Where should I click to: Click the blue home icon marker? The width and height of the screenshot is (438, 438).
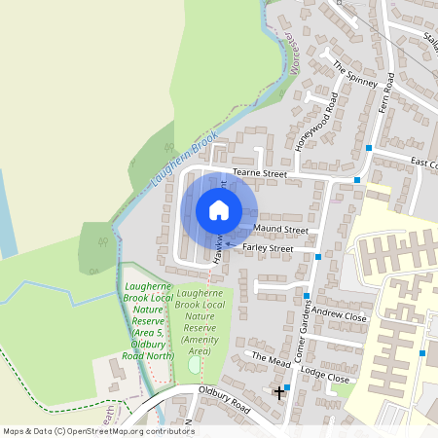click(x=219, y=210)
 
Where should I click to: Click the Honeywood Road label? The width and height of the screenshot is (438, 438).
click(x=314, y=123)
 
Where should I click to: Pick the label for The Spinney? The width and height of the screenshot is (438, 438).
click(x=354, y=74)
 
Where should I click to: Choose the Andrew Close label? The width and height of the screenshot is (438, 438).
click(x=339, y=316)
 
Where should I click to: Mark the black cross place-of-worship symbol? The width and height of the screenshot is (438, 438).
click(x=280, y=392)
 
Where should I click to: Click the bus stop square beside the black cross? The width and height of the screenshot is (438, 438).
click(x=287, y=386)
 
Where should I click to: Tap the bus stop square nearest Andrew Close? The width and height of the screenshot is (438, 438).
click(x=307, y=297)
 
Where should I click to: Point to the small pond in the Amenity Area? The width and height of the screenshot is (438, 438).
click(x=194, y=364)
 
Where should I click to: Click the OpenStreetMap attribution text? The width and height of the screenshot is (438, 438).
click(x=97, y=431)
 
